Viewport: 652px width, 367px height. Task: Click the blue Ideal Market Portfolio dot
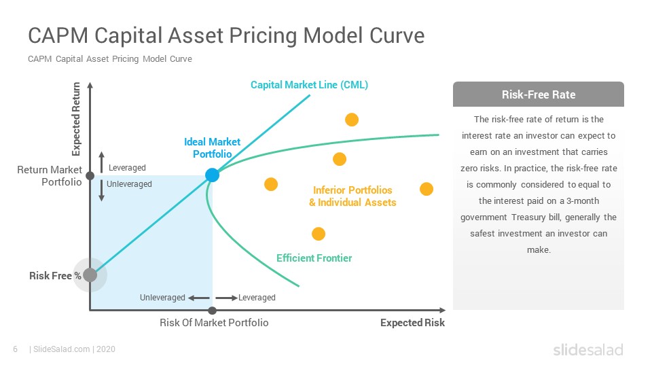coord(212,175)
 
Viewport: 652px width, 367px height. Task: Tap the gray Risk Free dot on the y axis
coord(90,275)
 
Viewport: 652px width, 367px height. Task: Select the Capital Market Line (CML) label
coord(309,85)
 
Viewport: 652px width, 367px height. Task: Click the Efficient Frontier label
coord(314,258)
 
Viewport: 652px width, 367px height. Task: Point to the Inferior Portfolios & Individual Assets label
coord(352,196)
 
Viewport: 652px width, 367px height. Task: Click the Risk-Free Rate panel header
coord(538,94)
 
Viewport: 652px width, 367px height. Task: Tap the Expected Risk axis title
coord(412,322)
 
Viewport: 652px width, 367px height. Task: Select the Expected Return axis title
coord(76,119)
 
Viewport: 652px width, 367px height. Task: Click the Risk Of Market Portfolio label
coord(214,322)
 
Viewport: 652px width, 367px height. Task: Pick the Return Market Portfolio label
coord(50,175)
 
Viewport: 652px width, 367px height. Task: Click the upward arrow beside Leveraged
coord(101,162)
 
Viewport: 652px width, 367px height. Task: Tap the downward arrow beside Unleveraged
coord(101,190)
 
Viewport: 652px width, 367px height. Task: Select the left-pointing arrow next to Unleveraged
coord(199,298)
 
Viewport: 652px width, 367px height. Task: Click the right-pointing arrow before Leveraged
coord(227,298)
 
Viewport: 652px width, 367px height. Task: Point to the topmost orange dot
coord(352,120)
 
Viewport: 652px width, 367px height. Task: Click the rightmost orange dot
coord(427,189)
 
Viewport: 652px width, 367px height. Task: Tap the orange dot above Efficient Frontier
coord(319,234)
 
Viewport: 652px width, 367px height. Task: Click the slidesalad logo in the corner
coord(588,349)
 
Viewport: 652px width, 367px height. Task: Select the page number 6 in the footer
coord(16,349)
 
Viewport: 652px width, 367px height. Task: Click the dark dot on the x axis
coord(212,311)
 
